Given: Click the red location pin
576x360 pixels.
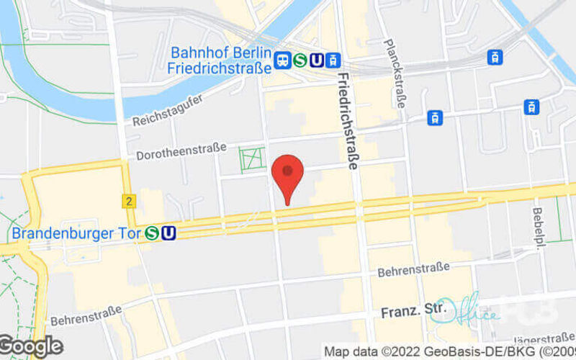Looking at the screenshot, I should coord(288,175).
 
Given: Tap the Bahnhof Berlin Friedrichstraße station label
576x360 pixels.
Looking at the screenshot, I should coord(221,60).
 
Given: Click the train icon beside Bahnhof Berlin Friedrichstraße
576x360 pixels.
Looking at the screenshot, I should coord(282,60).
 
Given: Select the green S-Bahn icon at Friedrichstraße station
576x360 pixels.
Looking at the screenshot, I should coord(299,60).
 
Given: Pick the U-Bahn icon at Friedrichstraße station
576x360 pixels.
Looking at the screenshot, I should coord(315,60).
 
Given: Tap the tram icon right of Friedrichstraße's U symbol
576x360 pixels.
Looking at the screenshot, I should coord(333,60).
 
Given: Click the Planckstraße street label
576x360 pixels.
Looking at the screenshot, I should coord(398,73).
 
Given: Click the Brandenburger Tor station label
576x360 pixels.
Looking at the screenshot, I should coord(77,233).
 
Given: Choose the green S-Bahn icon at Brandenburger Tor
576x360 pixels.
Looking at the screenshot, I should coord(151,233).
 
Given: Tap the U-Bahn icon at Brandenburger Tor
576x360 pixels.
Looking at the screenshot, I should coord(168,233).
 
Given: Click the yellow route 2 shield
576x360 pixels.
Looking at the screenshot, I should coord(129,202).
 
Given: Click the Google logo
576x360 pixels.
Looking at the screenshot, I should coord(30,347).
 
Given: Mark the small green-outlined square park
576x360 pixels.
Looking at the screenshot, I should coord(253,159).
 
